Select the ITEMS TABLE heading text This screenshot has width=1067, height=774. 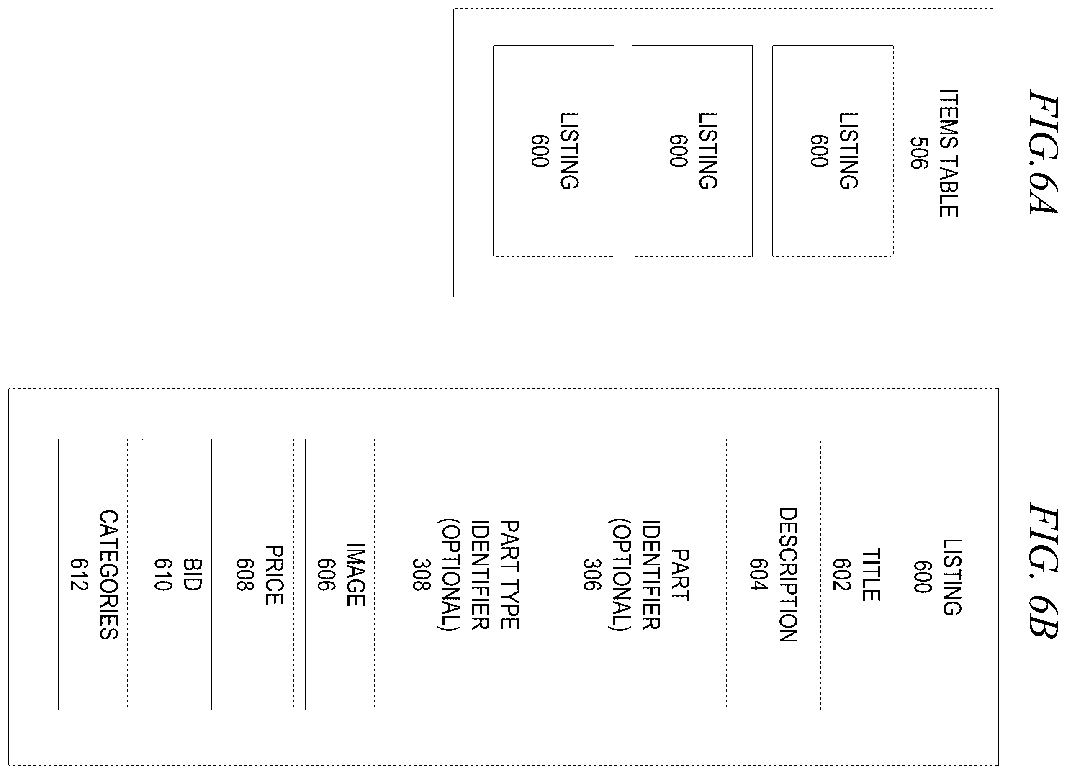tap(949, 153)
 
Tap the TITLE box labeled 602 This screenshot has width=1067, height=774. tap(855, 574)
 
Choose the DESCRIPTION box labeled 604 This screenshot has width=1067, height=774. tap(772, 574)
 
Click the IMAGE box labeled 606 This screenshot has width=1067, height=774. tap(339, 574)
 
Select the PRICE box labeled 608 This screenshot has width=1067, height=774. tap(259, 574)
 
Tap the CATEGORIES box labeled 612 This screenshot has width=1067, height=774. tap(93, 574)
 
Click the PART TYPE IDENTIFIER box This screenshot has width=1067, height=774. tap(473, 574)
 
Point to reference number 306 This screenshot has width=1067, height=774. tap(592, 574)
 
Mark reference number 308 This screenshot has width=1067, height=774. tap(421, 574)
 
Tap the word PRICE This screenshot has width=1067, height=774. tap(274, 574)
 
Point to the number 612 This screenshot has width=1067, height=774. tap(79, 574)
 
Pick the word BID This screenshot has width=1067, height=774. tap(192, 574)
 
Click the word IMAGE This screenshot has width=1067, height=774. tap(355, 574)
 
